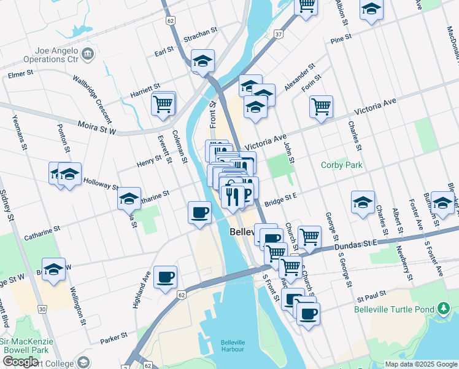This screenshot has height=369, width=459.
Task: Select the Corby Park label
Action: (x=342, y=165)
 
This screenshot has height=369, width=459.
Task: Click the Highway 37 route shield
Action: (x=279, y=34)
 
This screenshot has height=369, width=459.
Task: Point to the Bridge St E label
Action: (x=281, y=200)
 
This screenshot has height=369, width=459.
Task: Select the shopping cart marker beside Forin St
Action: (x=321, y=107)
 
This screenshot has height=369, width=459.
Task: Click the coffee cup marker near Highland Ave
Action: (x=164, y=277)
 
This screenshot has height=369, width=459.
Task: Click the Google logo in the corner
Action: (x=20, y=362)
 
